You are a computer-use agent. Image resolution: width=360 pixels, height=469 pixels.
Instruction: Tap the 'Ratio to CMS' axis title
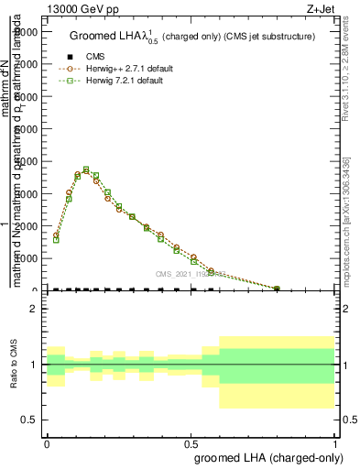coord(13,365)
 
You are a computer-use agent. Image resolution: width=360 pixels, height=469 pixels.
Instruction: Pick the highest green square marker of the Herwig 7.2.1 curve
coord(86,169)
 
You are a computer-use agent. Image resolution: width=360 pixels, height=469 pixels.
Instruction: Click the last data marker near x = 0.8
coord(277,289)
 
